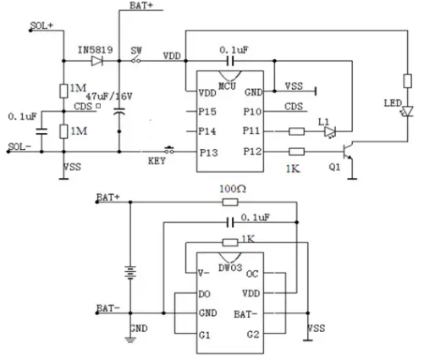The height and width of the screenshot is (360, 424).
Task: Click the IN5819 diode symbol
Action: pos(97,61)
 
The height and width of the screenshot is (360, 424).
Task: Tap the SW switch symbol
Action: pos(136,60)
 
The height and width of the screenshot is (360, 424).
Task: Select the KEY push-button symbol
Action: pos(169,150)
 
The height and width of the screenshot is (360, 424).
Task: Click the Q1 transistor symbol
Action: pos(348,152)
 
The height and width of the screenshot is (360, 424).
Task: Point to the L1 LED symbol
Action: pos(330,131)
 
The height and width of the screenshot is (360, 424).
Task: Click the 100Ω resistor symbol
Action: pos(230,202)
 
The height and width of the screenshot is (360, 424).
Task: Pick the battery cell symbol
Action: pos(130,273)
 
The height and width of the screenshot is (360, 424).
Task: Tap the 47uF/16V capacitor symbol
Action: pos(119,111)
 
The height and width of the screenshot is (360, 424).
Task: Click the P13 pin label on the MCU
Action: pos(209,152)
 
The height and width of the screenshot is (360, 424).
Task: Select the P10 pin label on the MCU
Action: pos(253,112)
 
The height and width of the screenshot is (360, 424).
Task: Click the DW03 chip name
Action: pos(230,268)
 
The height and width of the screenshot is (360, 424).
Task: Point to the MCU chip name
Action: pos(227,86)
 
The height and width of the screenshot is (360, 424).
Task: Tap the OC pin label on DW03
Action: pos(252,274)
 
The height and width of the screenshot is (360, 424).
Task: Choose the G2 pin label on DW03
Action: pos(253,335)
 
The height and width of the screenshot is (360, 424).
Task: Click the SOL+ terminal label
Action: pos(41,25)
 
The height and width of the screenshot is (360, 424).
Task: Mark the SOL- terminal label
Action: pos(19,147)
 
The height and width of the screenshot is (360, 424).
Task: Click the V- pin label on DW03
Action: pos(204,274)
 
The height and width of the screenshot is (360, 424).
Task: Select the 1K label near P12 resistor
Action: pos(293,169)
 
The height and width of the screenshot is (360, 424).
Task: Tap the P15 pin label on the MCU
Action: pos(207,112)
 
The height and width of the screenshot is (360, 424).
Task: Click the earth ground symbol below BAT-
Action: pos(130,339)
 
